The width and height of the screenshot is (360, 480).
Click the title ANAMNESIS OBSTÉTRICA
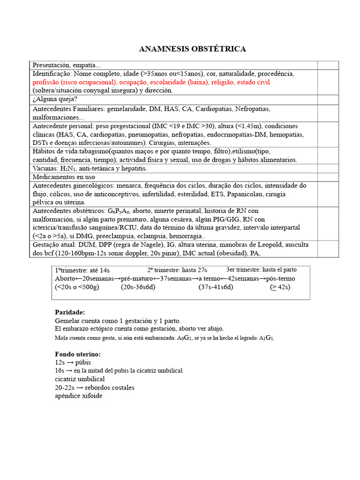[x=193, y=49]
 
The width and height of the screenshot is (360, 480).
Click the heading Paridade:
[x=70, y=312]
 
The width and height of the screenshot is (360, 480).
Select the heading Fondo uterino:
[x=78, y=354]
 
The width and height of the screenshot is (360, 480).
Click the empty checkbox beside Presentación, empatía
[x=328, y=65]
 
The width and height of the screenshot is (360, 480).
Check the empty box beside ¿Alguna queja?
[x=328, y=99]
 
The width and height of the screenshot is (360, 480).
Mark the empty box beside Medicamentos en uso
[x=328, y=177]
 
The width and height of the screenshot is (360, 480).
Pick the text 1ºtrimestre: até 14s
[x=82, y=270]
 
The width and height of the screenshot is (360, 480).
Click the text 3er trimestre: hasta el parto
[x=261, y=270]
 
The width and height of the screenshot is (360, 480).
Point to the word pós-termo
[x=280, y=278]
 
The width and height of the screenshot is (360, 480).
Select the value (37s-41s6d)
[x=216, y=287]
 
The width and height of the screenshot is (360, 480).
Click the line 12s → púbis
[x=73, y=362]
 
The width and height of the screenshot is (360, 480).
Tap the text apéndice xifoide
[x=78, y=396]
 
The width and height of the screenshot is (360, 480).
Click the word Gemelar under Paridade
[x=67, y=321]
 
